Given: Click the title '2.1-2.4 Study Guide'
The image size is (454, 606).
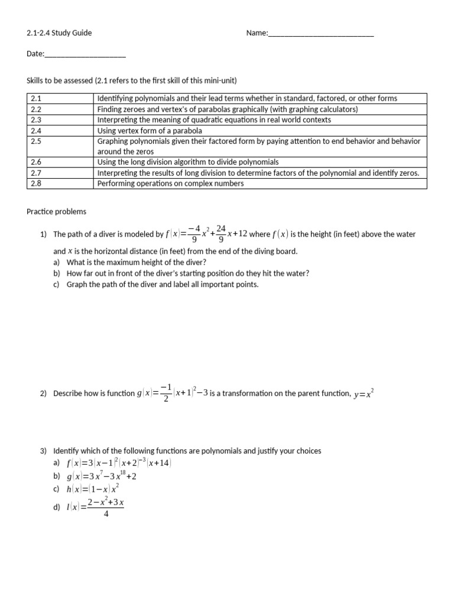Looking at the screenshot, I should click(x=59, y=33).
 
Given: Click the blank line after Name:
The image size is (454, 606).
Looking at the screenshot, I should click(x=321, y=34).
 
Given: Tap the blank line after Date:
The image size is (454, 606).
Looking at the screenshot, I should click(x=85, y=54).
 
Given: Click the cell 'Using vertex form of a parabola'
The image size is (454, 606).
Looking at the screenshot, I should click(x=150, y=130).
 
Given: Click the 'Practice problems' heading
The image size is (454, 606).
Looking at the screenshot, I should click(x=56, y=211).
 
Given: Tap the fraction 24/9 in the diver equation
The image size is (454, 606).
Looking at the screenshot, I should click(x=220, y=234).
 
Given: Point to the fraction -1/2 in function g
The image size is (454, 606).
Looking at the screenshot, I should click(x=166, y=393).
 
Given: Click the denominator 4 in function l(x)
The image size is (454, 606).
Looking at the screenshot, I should click(x=105, y=514).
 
